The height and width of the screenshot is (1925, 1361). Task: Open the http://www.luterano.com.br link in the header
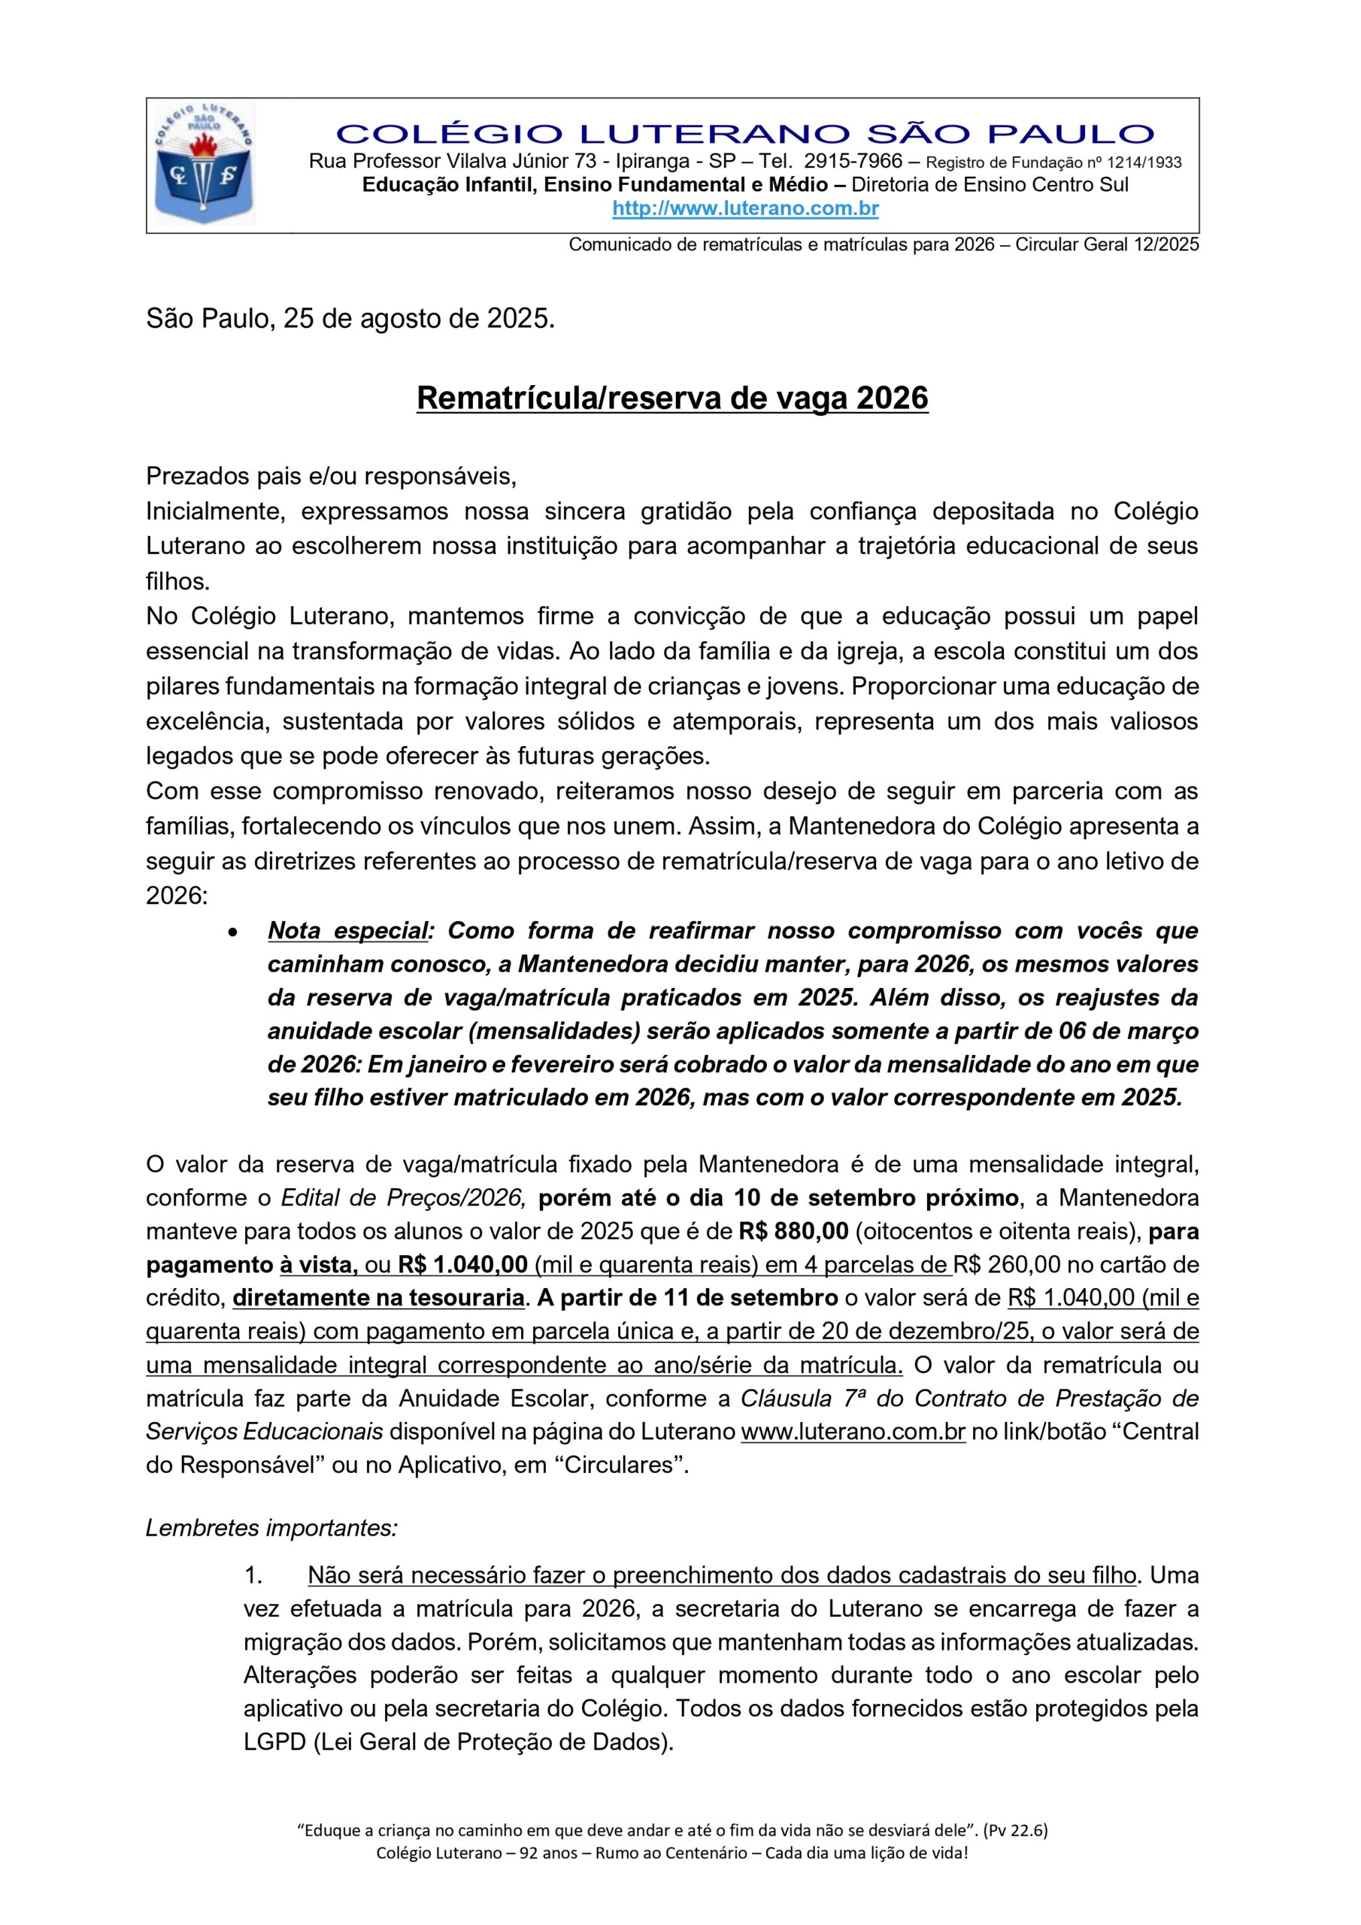[744, 209]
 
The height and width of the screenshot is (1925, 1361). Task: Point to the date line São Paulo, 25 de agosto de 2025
[350, 320]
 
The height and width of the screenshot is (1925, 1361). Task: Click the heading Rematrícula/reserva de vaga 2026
[671, 399]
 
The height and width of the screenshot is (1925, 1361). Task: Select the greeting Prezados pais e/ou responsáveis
[332, 476]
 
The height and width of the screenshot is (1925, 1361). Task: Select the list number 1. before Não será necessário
[254, 1575]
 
